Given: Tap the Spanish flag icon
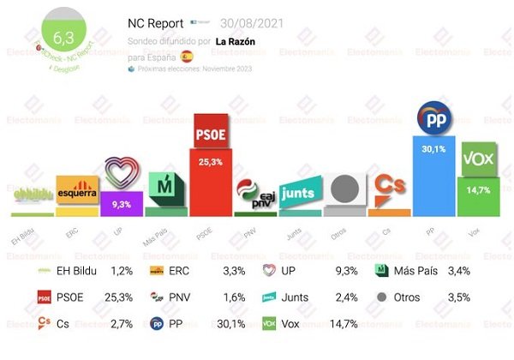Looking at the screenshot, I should [x=186, y=57].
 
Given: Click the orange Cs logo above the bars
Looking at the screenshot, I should [x=389, y=183].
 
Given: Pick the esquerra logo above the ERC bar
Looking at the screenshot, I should [x=77, y=186].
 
